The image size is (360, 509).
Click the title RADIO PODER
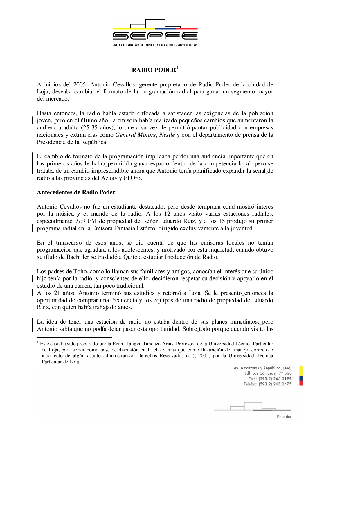[x=154, y=70]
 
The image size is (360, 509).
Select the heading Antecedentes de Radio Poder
[x=76, y=192]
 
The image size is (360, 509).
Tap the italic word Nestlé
[x=167, y=135]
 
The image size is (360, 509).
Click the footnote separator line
[x=74, y=337]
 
